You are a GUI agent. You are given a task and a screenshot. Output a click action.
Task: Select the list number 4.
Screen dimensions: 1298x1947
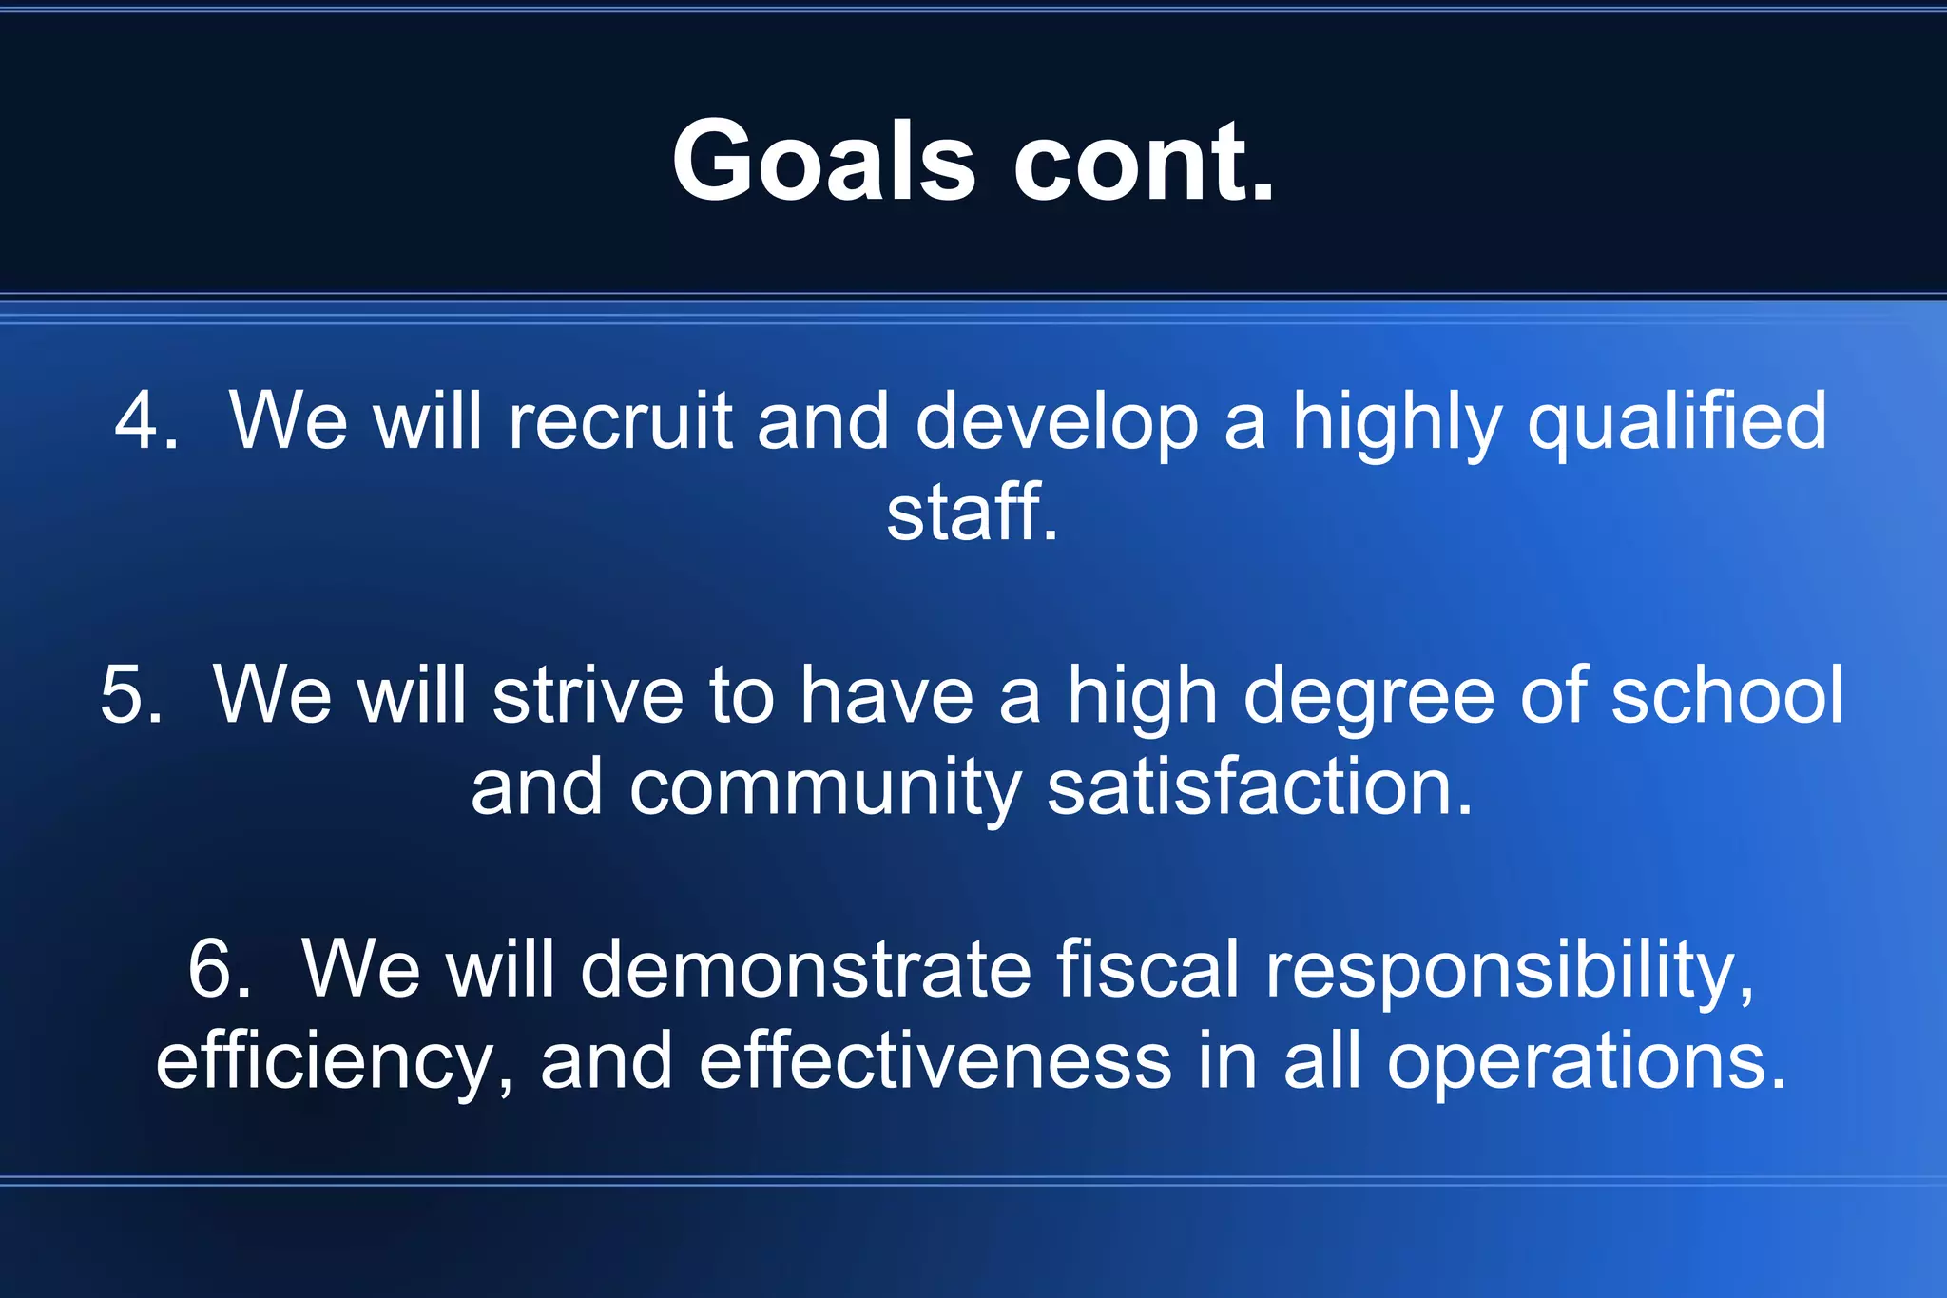point(145,420)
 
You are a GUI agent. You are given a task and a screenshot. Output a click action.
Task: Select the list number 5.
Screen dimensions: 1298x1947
point(131,695)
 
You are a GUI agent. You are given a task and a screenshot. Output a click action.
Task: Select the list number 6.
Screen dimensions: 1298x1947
point(220,969)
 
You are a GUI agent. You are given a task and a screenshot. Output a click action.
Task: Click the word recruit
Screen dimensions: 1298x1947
point(620,420)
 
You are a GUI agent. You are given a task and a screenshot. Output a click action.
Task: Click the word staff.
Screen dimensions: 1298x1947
point(972,513)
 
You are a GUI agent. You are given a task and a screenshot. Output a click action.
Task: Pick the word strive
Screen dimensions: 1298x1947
point(588,695)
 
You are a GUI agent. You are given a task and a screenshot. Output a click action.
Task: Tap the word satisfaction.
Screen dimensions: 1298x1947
point(1260,787)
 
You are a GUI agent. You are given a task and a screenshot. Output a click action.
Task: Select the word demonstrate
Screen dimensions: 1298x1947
point(805,969)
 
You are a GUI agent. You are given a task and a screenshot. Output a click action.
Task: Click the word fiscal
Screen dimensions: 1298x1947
point(1147,969)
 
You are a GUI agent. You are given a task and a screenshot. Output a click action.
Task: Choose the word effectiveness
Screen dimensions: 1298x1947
point(935,1061)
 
